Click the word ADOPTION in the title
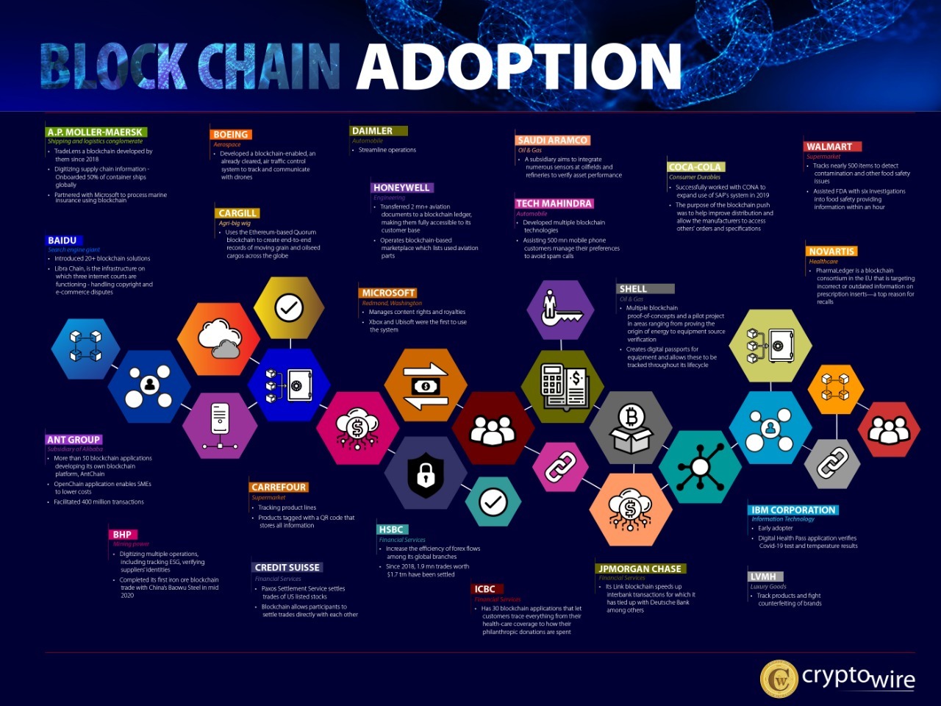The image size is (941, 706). [x=519, y=66]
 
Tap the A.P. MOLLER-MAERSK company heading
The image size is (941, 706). [x=96, y=132]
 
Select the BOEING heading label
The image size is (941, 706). [x=231, y=135]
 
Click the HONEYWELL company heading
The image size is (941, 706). [x=401, y=188]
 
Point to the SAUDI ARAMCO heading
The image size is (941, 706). [x=552, y=140]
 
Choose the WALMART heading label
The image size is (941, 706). [x=829, y=146]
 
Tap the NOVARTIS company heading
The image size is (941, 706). [x=831, y=252]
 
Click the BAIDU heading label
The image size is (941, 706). [x=62, y=240]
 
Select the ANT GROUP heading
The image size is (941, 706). [x=74, y=439]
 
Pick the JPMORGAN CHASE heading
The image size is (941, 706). [x=640, y=568]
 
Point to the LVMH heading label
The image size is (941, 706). [x=764, y=577]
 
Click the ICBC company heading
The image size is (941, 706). [x=485, y=589]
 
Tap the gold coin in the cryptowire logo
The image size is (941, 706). [x=779, y=679]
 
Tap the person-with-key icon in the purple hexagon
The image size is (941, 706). [x=560, y=307]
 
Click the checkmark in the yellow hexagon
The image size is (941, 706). [x=289, y=307]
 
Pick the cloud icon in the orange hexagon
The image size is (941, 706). [x=219, y=338]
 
